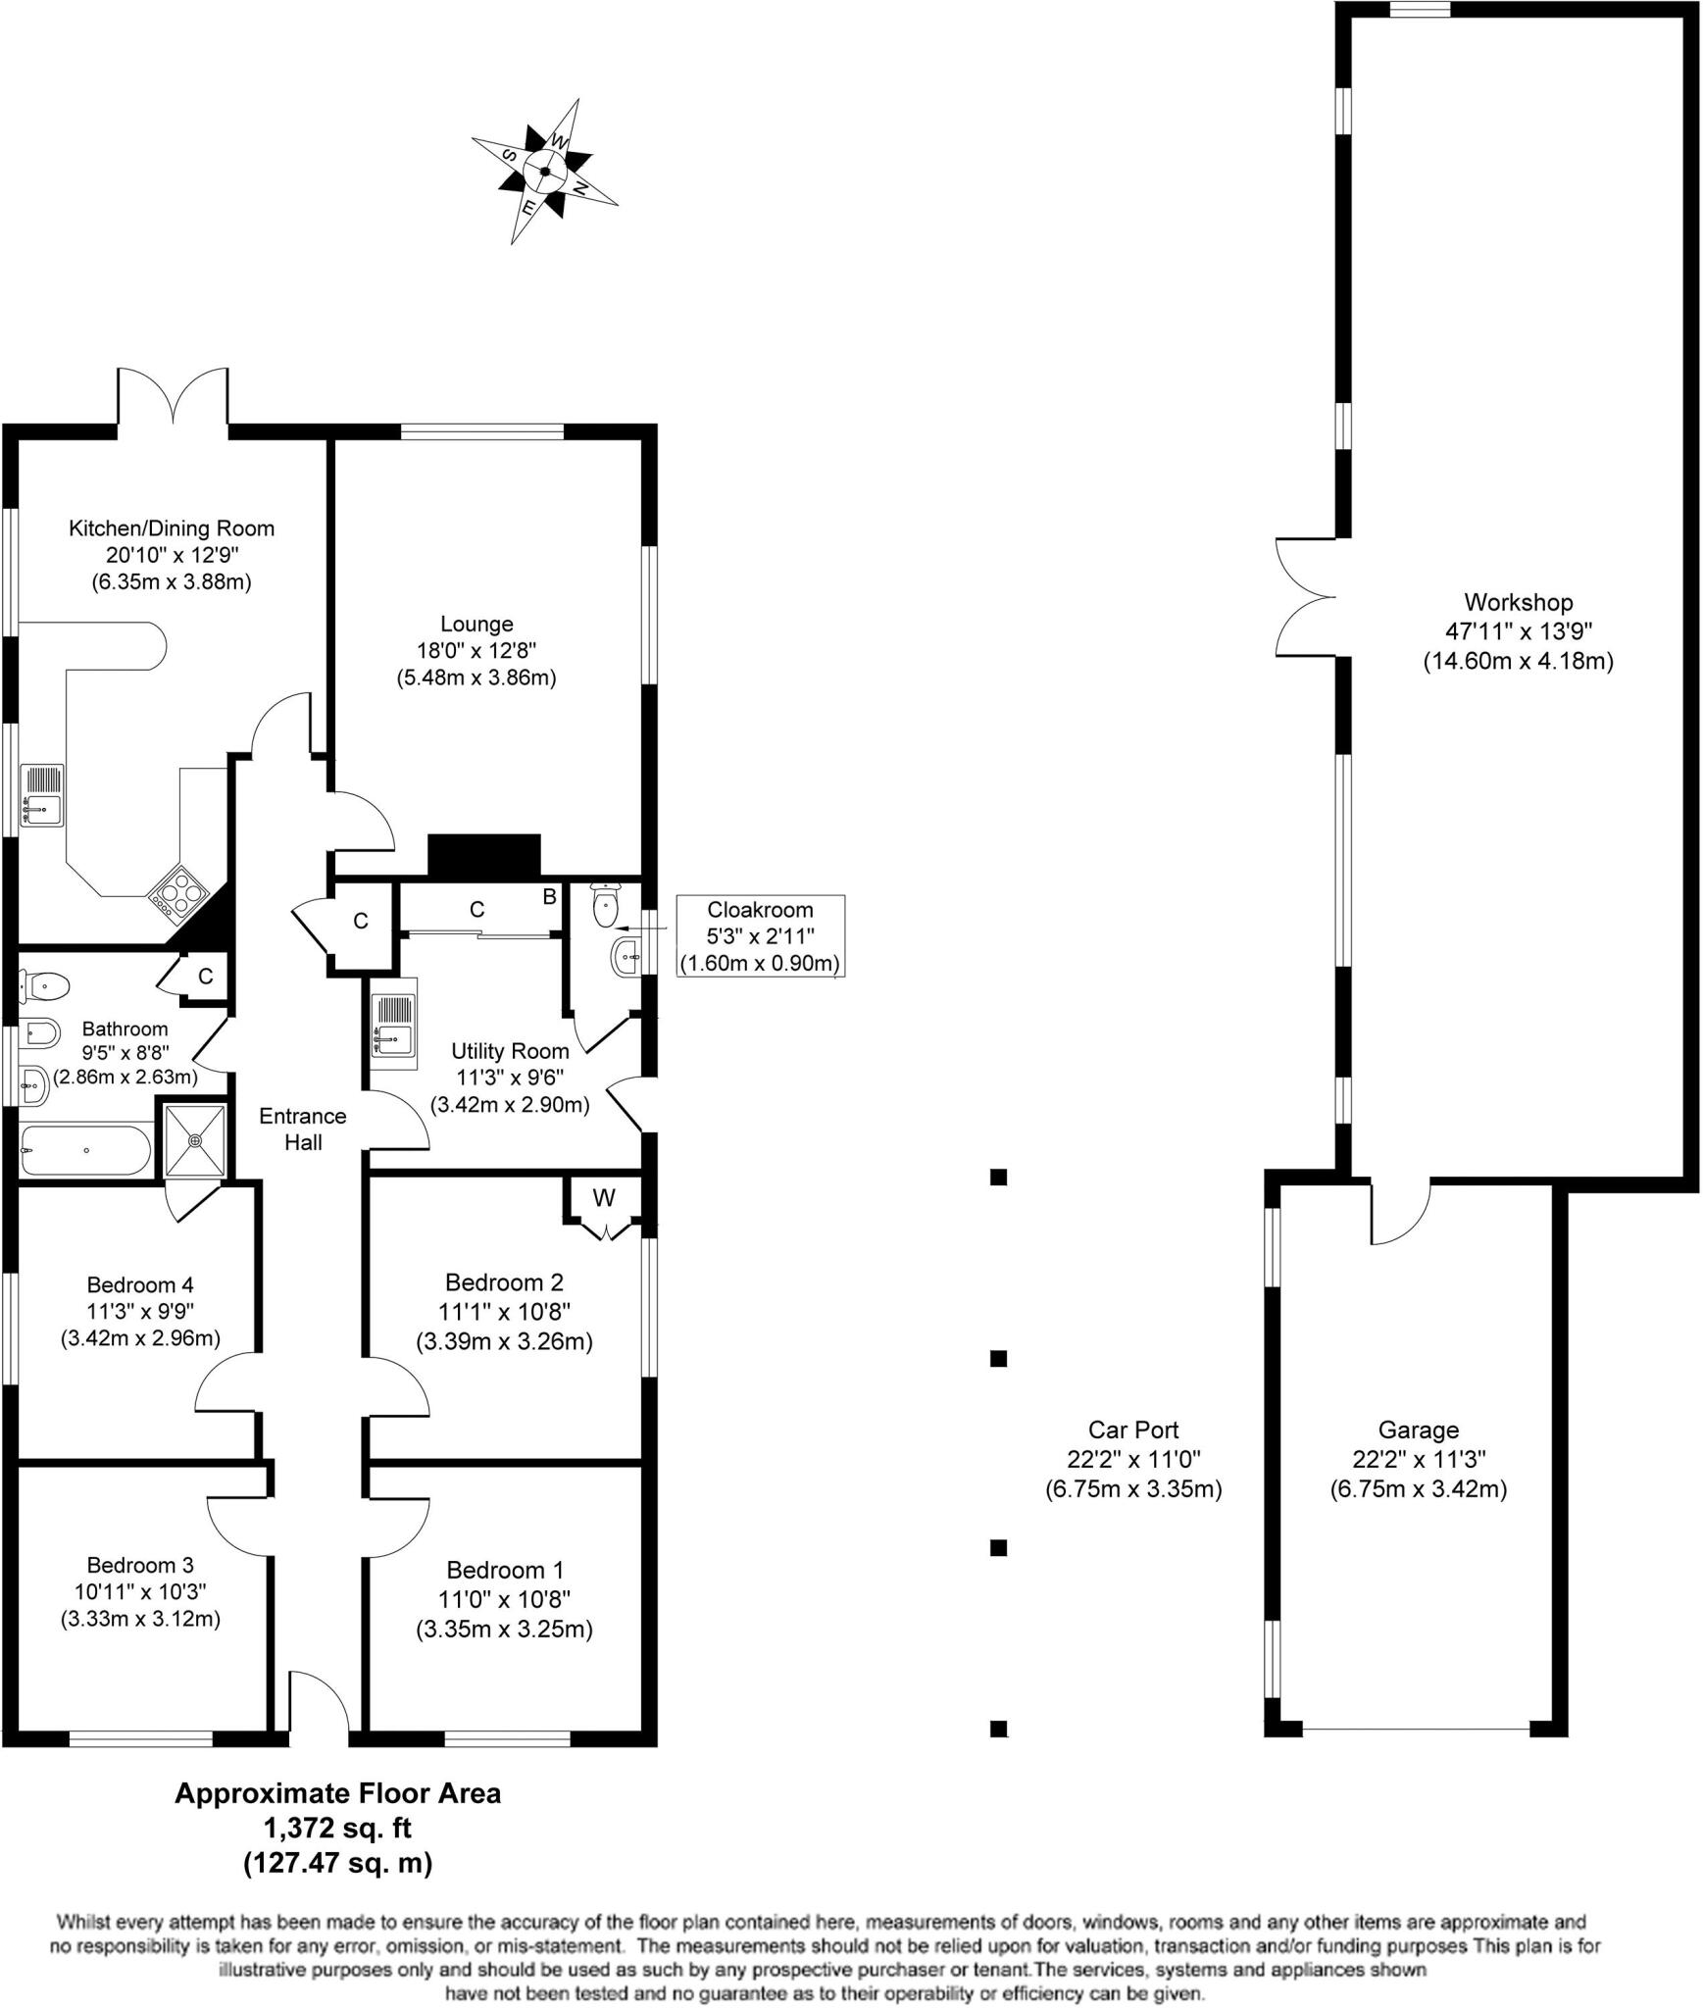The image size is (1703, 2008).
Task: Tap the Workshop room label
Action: coord(1518,602)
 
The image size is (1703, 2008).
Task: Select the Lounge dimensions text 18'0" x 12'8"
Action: coord(476,650)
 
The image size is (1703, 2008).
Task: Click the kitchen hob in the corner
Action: coord(178,894)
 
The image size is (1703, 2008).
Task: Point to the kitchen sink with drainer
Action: coord(42,795)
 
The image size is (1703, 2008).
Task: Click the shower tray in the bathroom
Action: coord(195,1140)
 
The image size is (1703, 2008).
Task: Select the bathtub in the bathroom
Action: coord(85,1150)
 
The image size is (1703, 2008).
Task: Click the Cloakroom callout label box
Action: coord(760,935)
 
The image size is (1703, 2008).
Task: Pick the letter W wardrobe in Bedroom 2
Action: coord(604,1197)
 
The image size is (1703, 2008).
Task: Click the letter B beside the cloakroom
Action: coord(550,896)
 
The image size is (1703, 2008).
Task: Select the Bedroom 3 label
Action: coord(140,1565)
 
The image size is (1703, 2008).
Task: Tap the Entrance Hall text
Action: coord(303,1129)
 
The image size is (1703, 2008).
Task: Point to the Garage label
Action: coord(1418,1431)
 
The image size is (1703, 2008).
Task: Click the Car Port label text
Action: coord(1133,1431)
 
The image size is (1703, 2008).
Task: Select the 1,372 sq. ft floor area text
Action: coord(337,1829)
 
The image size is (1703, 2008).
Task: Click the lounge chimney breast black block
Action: coord(484,854)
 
